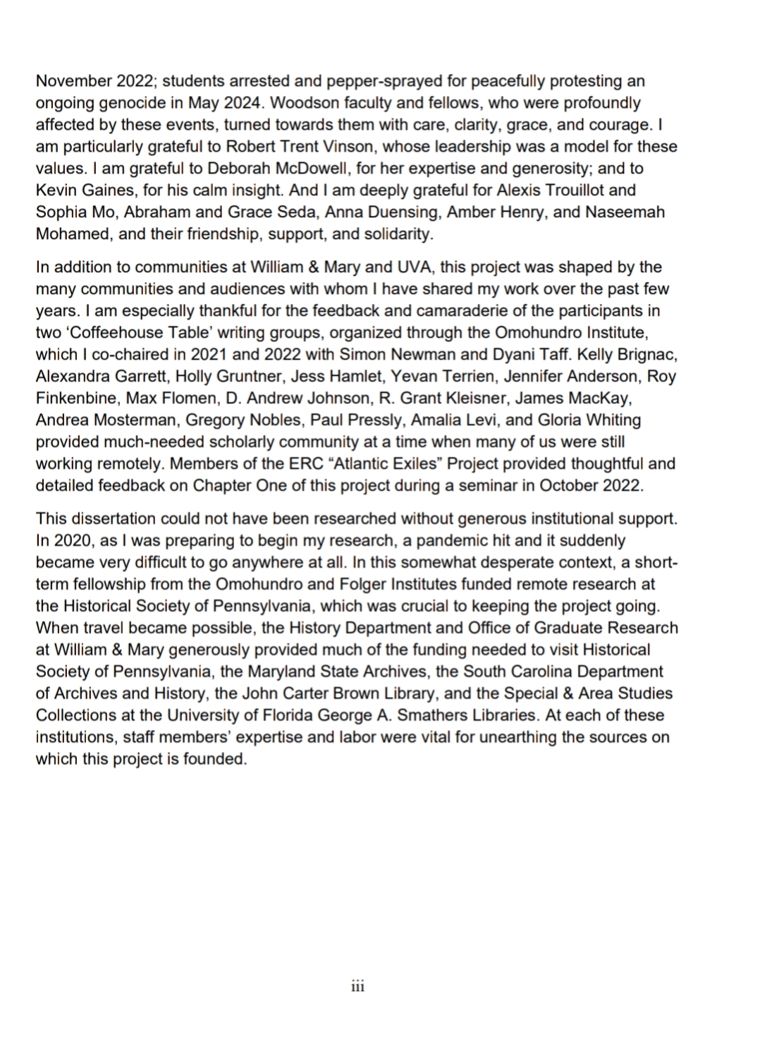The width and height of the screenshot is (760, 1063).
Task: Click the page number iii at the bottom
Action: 357,986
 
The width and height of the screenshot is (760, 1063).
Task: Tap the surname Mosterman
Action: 137,420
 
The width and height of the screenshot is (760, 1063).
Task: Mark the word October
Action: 556,486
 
